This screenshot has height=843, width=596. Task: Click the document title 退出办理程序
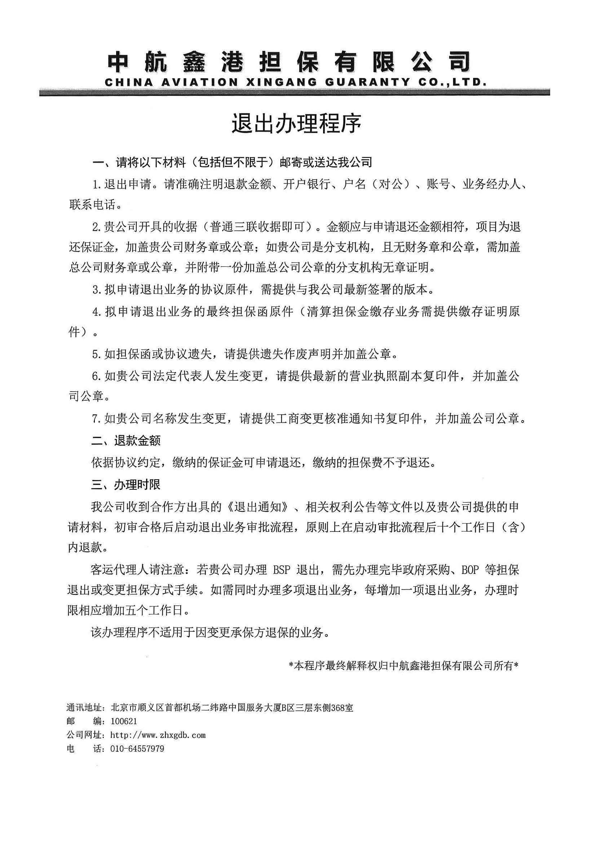(296, 124)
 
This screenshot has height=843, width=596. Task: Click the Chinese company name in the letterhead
(289, 61)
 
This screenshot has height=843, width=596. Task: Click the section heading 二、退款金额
(126, 441)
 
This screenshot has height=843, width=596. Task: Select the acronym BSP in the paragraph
(282, 570)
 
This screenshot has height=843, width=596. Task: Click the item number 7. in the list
(97, 419)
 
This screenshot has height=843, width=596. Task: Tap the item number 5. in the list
(97, 354)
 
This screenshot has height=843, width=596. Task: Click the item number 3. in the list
(97, 290)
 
